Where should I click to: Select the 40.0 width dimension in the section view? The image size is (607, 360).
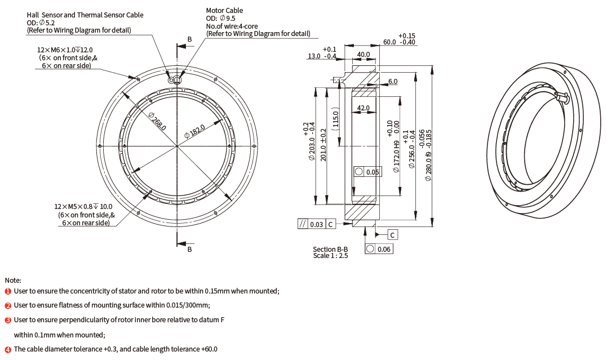click(364, 55)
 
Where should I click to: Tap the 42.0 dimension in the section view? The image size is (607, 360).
click(364, 108)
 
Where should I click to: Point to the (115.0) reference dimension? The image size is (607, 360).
click(335, 118)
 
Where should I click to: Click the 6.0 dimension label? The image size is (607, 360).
click(392, 82)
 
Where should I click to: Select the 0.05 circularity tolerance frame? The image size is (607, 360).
click(366, 172)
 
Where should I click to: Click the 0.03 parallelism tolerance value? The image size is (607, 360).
click(317, 224)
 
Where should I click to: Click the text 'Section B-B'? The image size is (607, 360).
click(330, 249)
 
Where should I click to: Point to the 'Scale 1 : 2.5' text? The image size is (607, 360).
click(330, 256)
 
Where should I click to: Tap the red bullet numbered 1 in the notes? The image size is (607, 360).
click(8, 291)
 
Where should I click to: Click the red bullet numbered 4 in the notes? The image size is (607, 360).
click(8, 349)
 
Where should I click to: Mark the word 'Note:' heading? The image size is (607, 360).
click(13, 280)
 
